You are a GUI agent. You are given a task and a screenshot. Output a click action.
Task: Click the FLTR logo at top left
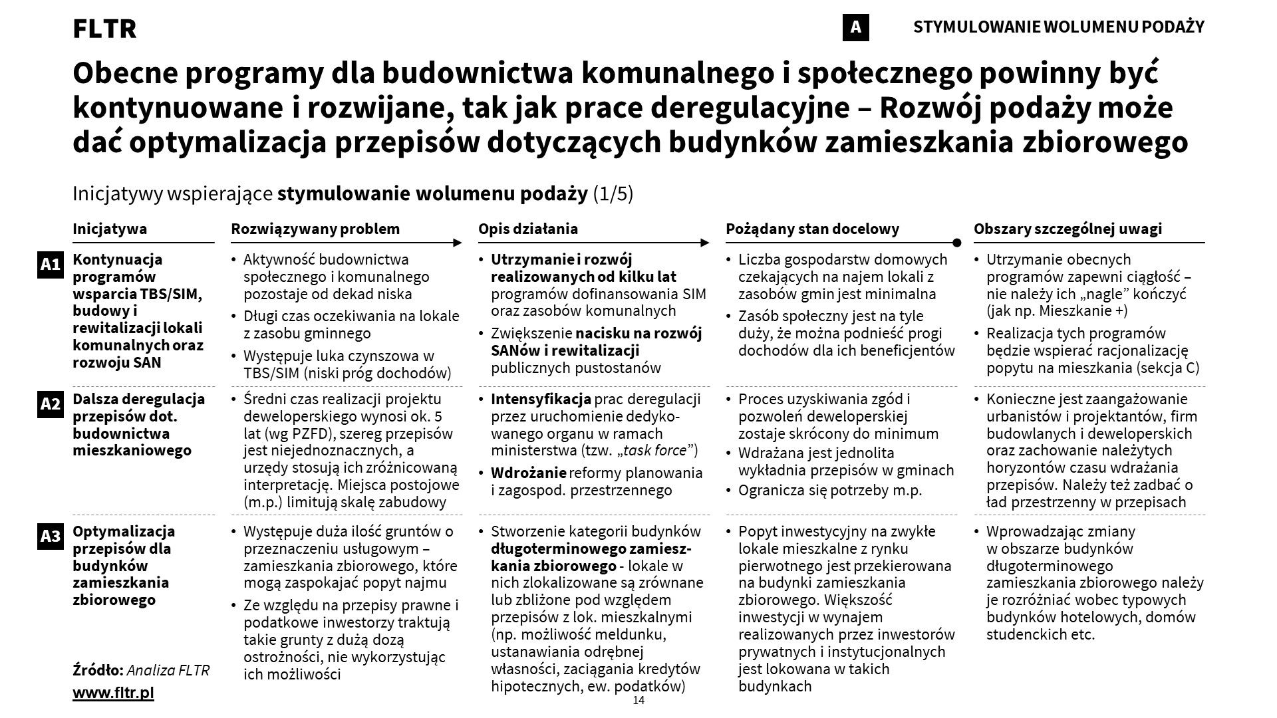[104, 29]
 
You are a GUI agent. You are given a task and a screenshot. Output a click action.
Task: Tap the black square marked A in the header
[855, 27]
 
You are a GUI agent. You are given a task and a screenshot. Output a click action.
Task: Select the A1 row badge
[51, 265]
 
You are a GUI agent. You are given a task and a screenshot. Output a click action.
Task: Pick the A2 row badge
[51, 404]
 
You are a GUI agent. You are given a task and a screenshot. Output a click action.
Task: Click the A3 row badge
[51, 536]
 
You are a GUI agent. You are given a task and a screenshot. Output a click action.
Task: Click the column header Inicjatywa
[110, 229]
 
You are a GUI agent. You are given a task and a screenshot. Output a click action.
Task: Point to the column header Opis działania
[528, 229]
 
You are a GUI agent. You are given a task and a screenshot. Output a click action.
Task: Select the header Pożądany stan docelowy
[812, 229]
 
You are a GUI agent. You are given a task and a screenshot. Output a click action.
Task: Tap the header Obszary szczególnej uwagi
[1067, 229]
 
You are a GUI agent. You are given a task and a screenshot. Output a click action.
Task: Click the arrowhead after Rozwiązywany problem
[458, 243]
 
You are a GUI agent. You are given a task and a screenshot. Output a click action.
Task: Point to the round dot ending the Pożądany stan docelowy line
[956, 243]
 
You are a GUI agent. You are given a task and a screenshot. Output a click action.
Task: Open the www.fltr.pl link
[113, 693]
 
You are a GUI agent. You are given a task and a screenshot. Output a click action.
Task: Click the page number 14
[638, 701]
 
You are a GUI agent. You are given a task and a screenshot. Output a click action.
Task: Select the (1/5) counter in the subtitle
[613, 194]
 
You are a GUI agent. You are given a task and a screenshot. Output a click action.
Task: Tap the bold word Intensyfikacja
[541, 400]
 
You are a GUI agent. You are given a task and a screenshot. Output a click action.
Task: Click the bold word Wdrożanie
[529, 473]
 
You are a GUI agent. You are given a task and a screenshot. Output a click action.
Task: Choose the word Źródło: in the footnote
[98, 670]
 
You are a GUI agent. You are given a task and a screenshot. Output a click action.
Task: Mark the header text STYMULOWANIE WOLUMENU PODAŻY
[1059, 27]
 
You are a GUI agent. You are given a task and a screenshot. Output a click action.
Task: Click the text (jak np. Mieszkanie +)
[1057, 310]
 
